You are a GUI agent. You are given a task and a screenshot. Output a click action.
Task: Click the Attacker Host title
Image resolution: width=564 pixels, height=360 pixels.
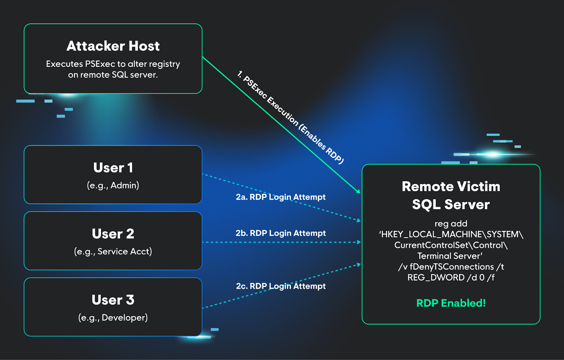click(113, 46)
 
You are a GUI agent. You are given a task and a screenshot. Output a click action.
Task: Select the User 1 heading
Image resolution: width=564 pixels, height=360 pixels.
click(113, 168)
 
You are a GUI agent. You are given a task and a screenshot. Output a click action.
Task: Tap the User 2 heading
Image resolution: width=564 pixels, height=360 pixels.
click(113, 234)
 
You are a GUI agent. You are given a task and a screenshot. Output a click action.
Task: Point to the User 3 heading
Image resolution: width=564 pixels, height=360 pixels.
click(113, 300)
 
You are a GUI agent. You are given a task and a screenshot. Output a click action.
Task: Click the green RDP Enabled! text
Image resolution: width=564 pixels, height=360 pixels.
click(451, 303)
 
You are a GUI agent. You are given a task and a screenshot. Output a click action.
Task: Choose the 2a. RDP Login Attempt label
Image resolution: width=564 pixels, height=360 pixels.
click(281, 197)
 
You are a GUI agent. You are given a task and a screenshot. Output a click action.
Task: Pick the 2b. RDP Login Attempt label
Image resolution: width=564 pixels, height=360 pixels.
click(281, 233)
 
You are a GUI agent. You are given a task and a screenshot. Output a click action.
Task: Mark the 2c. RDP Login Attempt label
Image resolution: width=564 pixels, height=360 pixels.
click(281, 286)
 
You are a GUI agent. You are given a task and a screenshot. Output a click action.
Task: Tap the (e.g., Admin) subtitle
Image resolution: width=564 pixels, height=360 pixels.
click(113, 185)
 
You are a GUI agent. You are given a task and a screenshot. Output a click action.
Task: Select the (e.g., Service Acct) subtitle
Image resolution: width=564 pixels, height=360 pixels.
click(113, 252)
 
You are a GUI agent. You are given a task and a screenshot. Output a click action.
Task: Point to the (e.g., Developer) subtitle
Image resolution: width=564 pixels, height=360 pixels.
click(113, 318)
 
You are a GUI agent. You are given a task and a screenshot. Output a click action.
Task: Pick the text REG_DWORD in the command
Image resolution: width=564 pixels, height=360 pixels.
click(436, 278)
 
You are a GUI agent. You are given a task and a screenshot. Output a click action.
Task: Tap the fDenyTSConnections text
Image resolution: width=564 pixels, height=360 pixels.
click(452, 267)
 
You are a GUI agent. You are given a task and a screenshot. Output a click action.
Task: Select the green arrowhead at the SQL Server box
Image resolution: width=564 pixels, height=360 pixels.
click(358, 192)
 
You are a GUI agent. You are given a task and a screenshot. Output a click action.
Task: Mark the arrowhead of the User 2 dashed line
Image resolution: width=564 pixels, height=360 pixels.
click(359, 242)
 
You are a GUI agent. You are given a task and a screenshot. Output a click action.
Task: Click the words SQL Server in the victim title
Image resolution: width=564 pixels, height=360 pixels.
click(451, 205)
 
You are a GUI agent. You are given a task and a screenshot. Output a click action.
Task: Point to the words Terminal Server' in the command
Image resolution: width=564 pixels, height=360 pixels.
click(450, 256)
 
